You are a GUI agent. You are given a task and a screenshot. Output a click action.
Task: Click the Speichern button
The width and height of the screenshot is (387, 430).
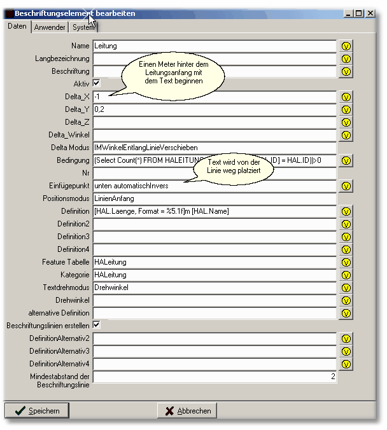(37, 411)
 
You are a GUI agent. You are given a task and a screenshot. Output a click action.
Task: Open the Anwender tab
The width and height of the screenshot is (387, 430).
(50, 27)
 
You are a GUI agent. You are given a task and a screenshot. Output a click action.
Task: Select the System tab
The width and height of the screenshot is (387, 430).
(83, 27)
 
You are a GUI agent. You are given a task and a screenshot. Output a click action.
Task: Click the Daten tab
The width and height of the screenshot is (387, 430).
(17, 27)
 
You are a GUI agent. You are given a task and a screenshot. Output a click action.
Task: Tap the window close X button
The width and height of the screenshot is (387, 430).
(370, 13)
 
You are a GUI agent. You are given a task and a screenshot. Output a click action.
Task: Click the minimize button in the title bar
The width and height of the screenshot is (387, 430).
(348, 13)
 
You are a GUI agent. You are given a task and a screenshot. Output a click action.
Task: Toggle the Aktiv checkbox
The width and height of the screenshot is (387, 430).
(97, 83)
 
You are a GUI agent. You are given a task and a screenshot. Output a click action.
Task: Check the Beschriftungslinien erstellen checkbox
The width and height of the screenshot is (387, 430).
(97, 325)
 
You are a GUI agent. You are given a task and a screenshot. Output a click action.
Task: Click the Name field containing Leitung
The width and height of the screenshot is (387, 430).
(214, 46)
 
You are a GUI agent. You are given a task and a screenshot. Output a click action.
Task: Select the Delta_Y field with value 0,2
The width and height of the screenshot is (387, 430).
(214, 109)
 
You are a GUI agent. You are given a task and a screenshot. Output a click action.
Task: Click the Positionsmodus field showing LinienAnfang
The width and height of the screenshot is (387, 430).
(214, 198)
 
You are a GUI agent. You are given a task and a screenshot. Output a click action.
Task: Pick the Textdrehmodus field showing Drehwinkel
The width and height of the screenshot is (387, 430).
(214, 288)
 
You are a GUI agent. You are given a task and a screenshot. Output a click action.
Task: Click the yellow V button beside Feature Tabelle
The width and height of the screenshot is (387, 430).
(346, 263)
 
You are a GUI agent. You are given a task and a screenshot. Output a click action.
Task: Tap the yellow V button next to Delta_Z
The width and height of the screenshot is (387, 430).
(346, 123)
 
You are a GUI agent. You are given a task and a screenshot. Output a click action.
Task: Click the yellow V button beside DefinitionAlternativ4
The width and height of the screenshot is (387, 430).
(346, 364)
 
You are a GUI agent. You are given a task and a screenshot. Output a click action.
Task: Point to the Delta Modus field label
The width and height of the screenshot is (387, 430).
(70, 148)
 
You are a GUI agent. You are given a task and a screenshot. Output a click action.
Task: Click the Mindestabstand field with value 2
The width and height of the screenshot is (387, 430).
(214, 377)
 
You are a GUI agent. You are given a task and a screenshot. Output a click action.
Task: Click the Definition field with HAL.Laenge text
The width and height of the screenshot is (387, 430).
(214, 211)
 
